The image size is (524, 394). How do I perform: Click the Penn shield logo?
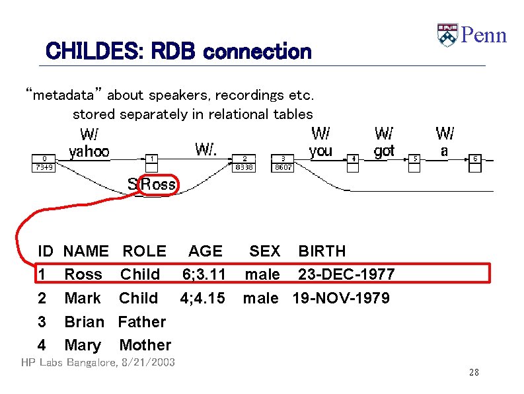click(x=447, y=35)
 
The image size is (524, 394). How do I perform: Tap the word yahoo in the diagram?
click(x=89, y=151)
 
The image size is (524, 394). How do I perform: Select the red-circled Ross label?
click(x=158, y=184)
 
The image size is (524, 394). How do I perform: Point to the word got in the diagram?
click(x=384, y=151)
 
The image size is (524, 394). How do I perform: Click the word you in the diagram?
click(x=320, y=151)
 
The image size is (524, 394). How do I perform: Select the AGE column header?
click(x=205, y=251)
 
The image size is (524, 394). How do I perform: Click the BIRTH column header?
click(x=322, y=251)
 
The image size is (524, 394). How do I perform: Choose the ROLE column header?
click(x=144, y=251)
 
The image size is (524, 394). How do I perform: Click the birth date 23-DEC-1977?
click(x=346, y=274)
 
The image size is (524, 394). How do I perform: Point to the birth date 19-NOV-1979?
click(x=341, y=298)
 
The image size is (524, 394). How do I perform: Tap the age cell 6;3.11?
click(x=204, y=274)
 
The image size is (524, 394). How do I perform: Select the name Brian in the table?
click(x=84, y=322)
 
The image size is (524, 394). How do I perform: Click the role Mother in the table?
click(x=145, y=345)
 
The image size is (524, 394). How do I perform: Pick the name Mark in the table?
click(x=83, y=298)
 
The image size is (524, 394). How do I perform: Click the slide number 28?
click(x=474, y=373)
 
